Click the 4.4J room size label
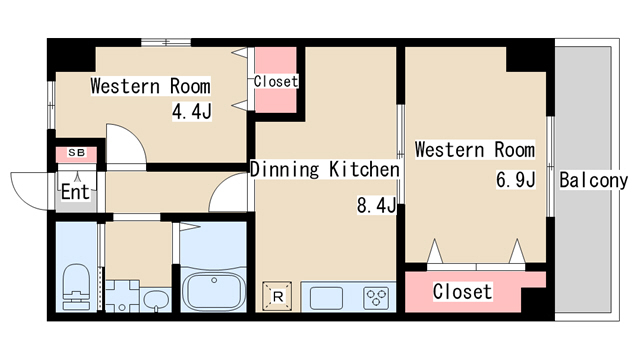click(x=191, y=111)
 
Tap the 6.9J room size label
click(x=515, y=179)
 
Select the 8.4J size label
click(x=376, y=205)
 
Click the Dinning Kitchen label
click(x=324, y=169)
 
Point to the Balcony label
click(x=593, y=180)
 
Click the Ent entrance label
click(x=75, y=192)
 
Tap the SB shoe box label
click(x=76, y=153)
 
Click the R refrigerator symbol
click(x=277, y=296)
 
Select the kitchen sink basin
click(x=326, y=298)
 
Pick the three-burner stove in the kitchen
click(x=376, y=298)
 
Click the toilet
click(x=76, y=287)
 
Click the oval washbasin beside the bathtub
click(x=156, y=300)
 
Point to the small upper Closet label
click(x=276, y=81)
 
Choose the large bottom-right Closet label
click(x=462, y=291)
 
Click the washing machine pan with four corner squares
click(x=122, y=296)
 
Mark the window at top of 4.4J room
click(x=166, y=42)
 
